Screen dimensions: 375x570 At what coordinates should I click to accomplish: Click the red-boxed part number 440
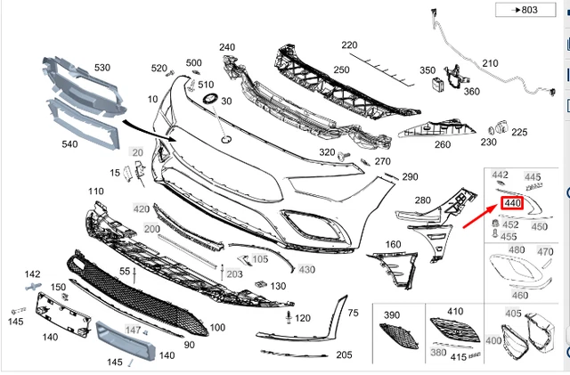pos(512,204)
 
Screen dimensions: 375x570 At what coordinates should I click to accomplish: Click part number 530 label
pos(102,68)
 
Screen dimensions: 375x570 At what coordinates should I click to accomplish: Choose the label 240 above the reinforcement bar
pos(227,47)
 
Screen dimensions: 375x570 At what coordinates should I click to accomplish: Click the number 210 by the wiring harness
pos(490,63)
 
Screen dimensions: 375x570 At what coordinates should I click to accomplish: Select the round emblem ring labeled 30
pos(212,96)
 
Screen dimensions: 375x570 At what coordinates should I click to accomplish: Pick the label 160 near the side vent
pos(392,243)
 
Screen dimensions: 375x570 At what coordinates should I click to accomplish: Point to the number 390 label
pos(392,316)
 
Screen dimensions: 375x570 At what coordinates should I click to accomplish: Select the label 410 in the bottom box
pos(456,312)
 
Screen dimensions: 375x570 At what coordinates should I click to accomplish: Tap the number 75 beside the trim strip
pos(353,313)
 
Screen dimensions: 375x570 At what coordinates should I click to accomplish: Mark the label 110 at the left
pos(96,192)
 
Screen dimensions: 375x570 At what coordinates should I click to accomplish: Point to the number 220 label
pos(349,45)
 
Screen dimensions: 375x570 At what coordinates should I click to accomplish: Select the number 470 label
pos(544,252)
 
